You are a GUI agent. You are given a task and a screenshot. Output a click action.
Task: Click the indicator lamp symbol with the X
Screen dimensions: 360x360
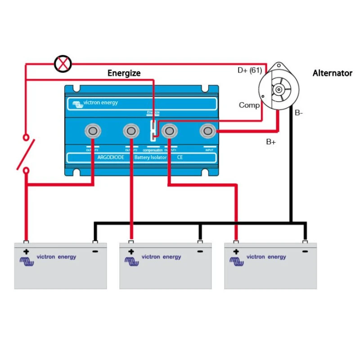(x=63, y=63)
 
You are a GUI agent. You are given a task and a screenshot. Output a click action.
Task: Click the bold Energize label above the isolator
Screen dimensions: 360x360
(x=124, y=73)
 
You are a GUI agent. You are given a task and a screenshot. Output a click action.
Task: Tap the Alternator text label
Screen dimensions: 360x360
(x=332, y=73)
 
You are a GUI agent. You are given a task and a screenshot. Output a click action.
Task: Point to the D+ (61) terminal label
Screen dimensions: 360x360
(x=250, y=70)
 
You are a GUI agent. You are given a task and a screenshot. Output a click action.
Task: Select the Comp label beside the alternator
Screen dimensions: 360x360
(x=249, y=105)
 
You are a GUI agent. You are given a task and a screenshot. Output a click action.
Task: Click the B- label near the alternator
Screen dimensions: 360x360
(x=299, y=113)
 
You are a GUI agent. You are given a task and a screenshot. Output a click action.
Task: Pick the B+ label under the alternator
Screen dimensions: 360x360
(x=271, y=142)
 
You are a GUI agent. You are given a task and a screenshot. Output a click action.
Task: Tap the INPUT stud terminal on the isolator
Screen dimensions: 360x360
(x=208, y=131)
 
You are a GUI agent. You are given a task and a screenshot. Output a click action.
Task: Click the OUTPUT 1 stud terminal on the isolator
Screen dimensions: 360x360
(x=169, y=131)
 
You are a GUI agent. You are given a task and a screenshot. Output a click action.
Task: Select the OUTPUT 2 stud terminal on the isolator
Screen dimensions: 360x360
(x=130, y=131)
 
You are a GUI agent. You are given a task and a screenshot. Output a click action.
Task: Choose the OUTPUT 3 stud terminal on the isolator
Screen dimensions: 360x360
(x=93, y=131)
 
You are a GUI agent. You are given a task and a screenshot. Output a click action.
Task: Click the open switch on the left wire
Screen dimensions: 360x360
(x=26, y=153)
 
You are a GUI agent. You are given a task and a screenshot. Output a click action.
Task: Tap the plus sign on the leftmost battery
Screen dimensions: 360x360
(x=26, y=252)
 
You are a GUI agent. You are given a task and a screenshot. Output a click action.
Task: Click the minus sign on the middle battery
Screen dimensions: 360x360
(x=200, y=252)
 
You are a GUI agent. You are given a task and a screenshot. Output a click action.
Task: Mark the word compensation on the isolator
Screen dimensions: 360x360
(x=152, y=149)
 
